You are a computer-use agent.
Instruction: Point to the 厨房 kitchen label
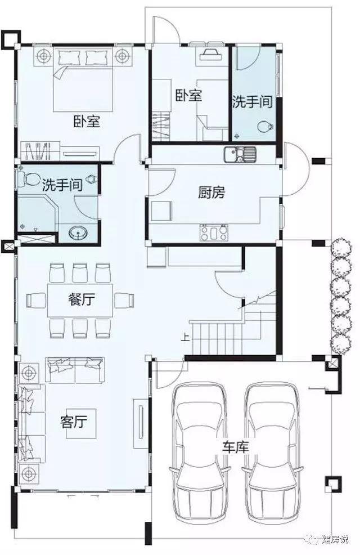point(211,193)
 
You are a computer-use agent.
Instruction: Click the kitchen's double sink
point(239,153)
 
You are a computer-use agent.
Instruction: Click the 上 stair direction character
point(184,339)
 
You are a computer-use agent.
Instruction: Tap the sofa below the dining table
point(75,369)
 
